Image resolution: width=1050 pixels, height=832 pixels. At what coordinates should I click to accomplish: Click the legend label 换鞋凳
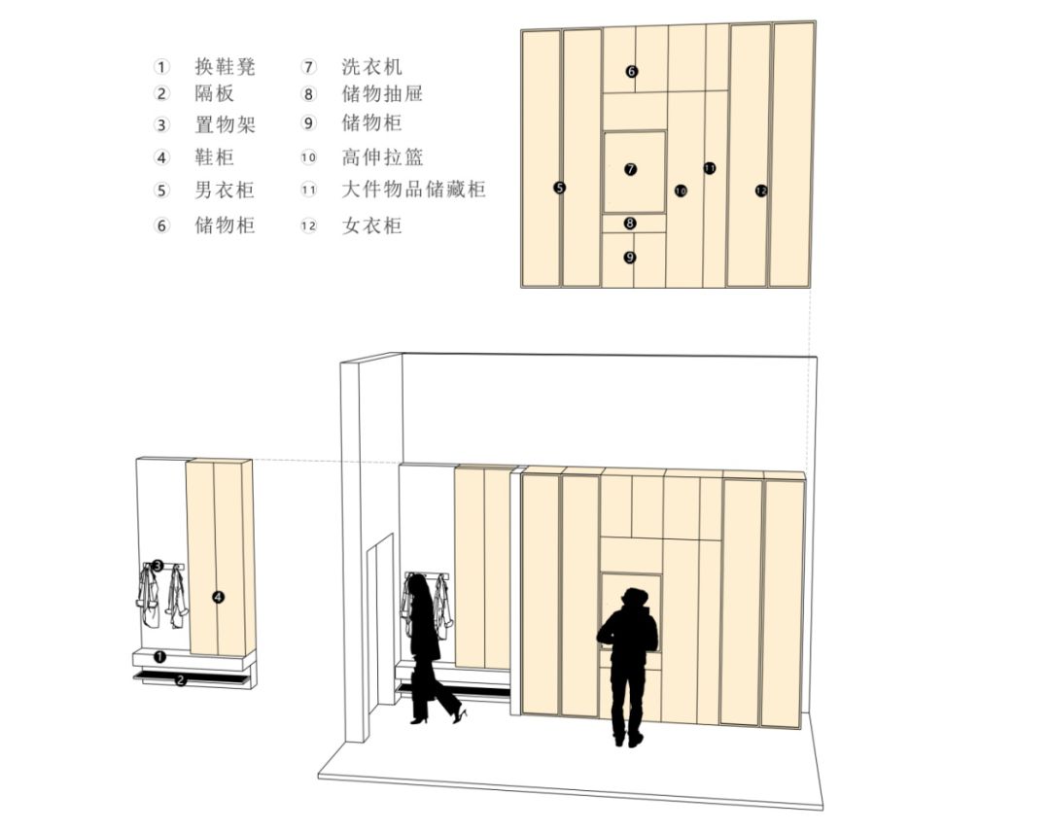point(225,66)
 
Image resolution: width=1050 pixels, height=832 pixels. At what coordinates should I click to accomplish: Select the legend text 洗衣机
point(371,66)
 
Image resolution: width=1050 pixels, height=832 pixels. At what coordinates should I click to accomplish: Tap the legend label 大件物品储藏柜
point(413,190)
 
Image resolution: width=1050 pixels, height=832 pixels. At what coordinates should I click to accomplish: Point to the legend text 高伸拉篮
point(382,157)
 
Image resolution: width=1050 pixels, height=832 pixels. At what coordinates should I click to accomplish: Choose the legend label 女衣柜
point(371,225)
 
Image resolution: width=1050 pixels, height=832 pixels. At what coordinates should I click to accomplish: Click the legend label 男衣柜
point(225,191)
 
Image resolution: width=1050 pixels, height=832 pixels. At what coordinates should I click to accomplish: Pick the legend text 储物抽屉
point(382,93)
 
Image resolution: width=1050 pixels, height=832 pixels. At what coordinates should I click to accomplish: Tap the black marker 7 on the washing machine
point(630,169)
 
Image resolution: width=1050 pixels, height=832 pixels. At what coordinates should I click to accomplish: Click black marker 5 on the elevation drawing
point(560,189)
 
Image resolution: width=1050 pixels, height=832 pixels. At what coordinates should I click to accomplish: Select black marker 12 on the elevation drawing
point(760,191)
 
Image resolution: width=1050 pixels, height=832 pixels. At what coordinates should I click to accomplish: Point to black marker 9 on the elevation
point(629,257)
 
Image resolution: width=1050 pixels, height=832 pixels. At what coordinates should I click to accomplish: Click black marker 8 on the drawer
point(629,223)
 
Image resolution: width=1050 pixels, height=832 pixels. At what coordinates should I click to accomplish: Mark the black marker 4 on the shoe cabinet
point(218,597)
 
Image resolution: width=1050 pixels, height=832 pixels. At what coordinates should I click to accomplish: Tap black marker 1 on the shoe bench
point(160,657)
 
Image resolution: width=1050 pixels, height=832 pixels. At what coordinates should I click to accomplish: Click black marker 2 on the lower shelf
point(180,680)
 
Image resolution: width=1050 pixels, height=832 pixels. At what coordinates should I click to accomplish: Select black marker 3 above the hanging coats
point(157,566)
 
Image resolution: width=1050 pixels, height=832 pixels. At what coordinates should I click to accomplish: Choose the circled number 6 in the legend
point(161,225)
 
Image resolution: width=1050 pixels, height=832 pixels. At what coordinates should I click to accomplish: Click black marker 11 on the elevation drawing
point(710,168)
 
